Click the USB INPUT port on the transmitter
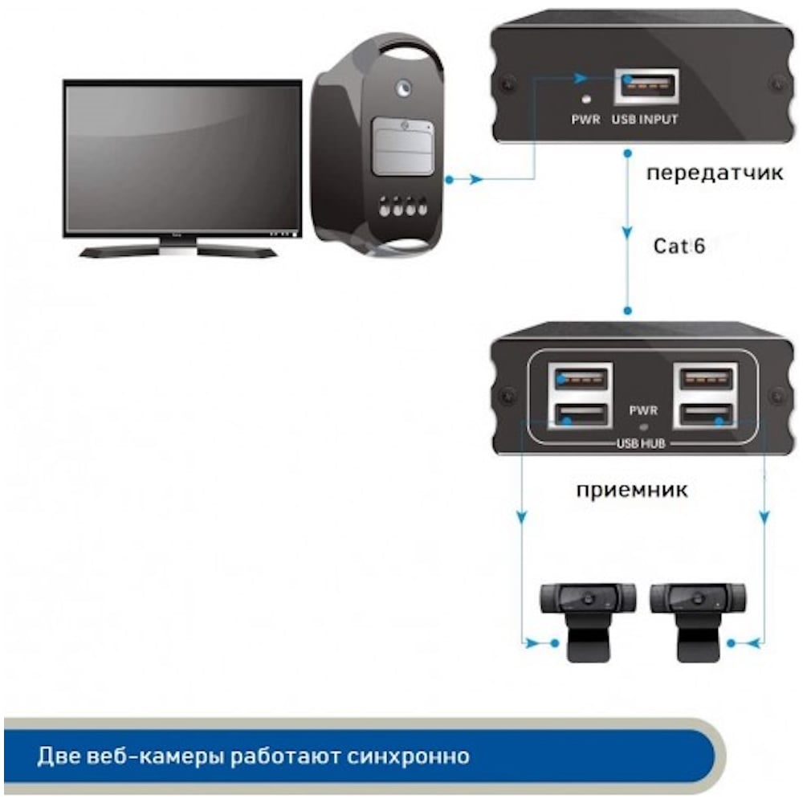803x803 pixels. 647,86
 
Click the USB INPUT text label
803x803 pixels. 645,120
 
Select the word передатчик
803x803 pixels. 715,173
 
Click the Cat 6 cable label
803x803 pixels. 679,247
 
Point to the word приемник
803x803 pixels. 632,491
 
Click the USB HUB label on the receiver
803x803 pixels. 641,443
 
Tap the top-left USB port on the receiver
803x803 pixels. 581,380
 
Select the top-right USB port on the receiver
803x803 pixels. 706,380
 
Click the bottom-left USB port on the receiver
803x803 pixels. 581,414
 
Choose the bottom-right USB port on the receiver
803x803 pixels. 706,414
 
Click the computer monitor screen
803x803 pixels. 182,157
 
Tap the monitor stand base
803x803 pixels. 178,250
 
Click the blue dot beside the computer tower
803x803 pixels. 449,180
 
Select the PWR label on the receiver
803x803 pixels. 643,410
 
